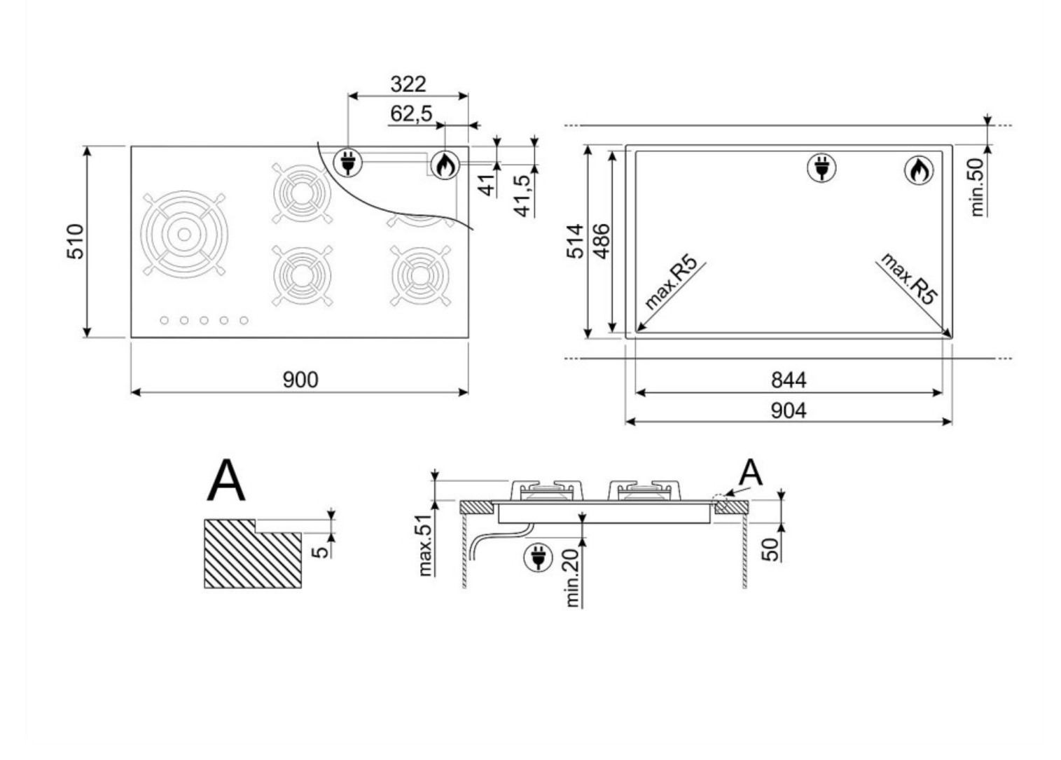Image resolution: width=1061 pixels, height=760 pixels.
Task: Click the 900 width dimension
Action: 300,380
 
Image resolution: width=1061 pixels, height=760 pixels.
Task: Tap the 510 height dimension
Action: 76,242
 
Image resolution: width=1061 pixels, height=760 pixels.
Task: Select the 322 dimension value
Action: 408,84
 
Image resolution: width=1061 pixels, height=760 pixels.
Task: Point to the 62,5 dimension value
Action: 411,113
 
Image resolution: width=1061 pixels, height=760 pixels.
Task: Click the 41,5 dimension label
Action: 523,195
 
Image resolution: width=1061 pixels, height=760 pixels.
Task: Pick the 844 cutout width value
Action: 789,380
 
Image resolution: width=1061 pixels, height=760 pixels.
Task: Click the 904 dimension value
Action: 789,410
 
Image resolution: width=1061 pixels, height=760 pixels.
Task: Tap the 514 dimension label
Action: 575,241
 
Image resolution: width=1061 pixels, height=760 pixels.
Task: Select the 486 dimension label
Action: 602,241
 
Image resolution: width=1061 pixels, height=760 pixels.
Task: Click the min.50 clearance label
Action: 978,187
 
